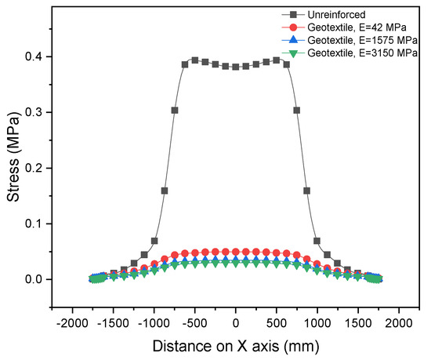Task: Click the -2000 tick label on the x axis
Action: pyautogui.click(x=72, y=323)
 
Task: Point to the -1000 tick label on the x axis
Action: pyautogui.click(x=154, y=323)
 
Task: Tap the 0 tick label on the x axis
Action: pyautogui.click(x=236, y=323)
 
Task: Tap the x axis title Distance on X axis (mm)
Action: pyautogui.click(x=236, y=345)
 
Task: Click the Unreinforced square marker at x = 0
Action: pyautogui.click(x=236, y=67)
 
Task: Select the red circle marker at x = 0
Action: pyautogui.click(x=236, y=252)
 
